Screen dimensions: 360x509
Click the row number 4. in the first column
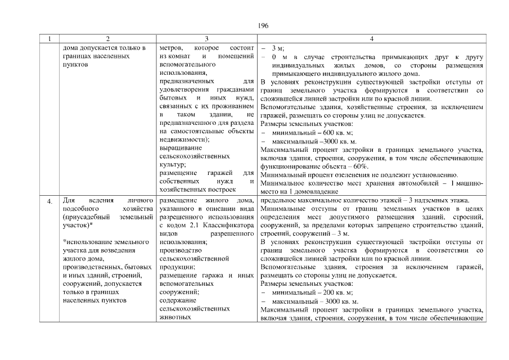pyautogui.click(x=49, y=201)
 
